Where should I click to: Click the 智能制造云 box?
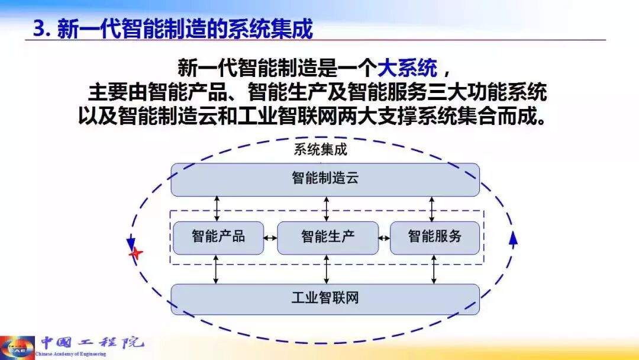coord(325,179)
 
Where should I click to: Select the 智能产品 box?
coord(218,237)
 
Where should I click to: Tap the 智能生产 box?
coord(327,237)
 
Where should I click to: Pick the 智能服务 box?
coord(434,237)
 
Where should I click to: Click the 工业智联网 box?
coord(325,298)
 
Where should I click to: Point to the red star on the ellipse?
coord(136,253)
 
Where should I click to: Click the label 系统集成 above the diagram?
coord(320,149)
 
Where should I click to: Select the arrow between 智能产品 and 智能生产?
coord(270,238)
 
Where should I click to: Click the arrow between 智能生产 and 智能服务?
coord(384,238)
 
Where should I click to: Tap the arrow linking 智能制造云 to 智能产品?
coord(217,208)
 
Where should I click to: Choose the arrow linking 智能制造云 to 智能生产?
coord(327,208)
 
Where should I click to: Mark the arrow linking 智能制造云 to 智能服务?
coord(433,208)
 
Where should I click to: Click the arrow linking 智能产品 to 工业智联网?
coord(217,269)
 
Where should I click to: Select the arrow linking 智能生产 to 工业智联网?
coord(327,269)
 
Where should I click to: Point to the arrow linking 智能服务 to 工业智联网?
coord(434,269)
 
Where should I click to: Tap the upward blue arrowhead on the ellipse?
coord(513,238)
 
